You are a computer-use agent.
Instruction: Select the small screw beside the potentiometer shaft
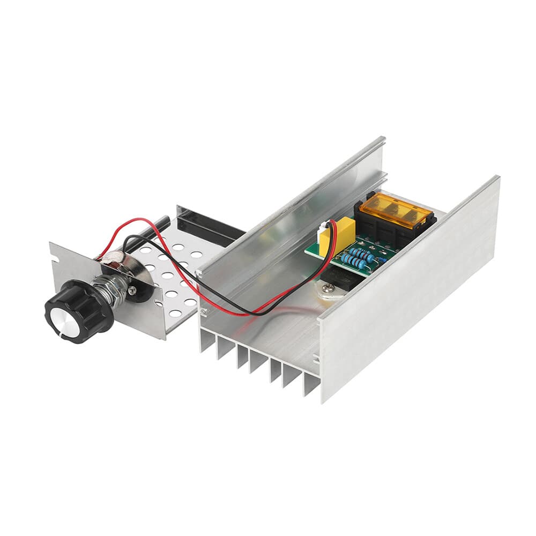click(x=132, y=289)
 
